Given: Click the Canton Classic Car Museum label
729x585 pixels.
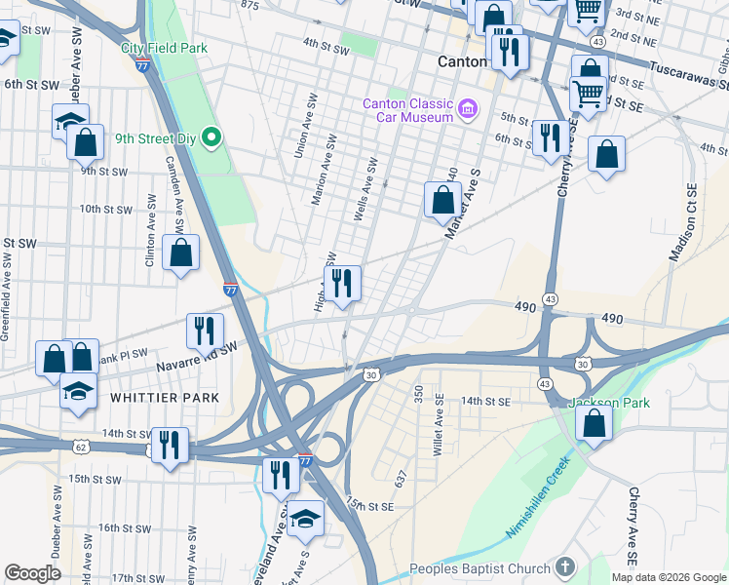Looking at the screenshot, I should click(407, 110).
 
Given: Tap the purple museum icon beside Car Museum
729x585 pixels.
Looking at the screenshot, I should click(468, 106).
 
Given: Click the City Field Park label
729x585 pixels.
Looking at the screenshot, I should click(164, 48).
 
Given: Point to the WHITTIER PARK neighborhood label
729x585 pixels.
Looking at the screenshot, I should click(165, 398).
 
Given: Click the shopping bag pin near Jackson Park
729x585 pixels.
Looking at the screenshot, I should click(594, 425).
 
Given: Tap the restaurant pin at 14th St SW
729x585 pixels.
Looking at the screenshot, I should click(170, 447).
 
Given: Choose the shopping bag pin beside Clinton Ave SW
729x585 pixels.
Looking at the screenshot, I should click(180, 253).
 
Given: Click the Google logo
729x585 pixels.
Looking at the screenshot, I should click(33, 573).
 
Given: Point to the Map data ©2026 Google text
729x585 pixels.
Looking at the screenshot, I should click(669, 577).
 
